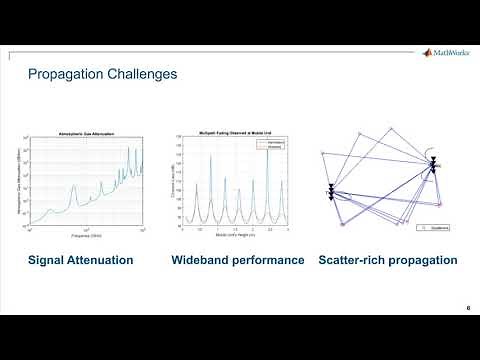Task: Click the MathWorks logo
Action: (x=439, y=52)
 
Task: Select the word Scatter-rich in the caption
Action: (x=351, y=261)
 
